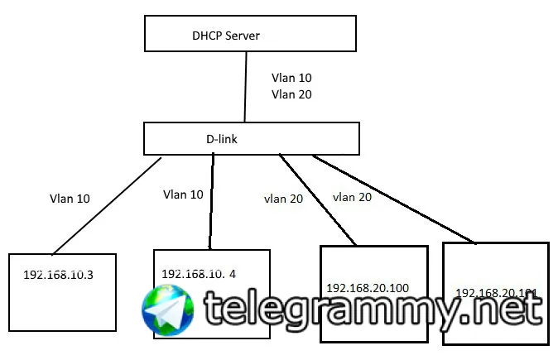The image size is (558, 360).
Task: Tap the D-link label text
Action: click(x=222, y=139)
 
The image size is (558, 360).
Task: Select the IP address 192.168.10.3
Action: click(x=58, y=273)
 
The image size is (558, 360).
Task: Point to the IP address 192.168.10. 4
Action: click(x=199, y=273)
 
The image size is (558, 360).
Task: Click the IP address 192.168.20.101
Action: click(x=497, y=293)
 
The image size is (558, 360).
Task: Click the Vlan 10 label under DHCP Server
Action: click(x=291, y=79)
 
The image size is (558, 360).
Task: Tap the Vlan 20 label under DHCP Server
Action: click(x=291, y=94)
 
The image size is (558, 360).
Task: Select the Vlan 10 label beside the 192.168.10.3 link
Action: click(x=70, y=199)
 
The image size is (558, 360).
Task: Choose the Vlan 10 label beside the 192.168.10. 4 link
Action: click(x=184, y=195)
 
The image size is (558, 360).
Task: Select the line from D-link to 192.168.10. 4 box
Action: click(x=212, y=202)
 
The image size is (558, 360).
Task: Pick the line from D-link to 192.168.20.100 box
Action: click(x=317, y=199)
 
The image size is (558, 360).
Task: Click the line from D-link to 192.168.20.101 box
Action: click(x=394, y=199)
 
